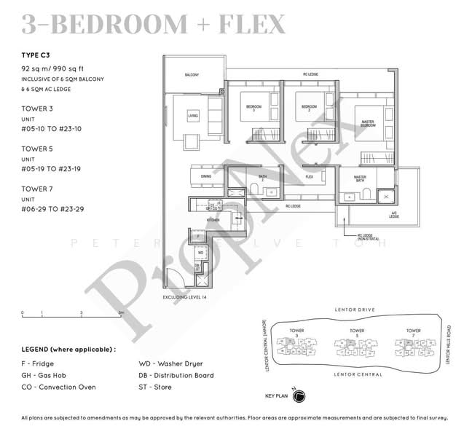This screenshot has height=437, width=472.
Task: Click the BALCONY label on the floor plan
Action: [x=192, y=75]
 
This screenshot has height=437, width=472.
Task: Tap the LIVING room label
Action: [x=192, y=116]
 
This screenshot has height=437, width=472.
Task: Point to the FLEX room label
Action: [x=309, y=177]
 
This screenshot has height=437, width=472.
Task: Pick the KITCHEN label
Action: [x=213, y=219]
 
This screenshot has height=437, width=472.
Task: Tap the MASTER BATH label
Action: [x=360, y=179]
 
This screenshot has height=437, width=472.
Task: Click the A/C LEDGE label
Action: [x=393, y=216]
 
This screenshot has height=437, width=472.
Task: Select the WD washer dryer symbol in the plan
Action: [x=201, y=253]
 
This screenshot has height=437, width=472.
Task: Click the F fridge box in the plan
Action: [x=199, y=236]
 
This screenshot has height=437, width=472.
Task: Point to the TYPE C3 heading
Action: [x=38, y=55]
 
